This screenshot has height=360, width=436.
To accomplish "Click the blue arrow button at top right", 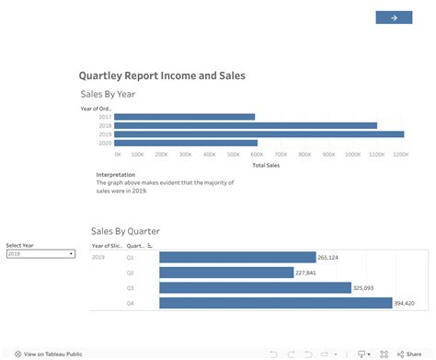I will coord(394,17).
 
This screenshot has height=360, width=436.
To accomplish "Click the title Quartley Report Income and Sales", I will coord(162,75).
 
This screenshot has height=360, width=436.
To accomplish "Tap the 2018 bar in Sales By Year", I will coord(246,125).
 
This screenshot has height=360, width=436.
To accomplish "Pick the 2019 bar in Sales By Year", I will coord(258,134).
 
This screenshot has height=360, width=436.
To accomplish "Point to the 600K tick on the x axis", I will coord(256,154).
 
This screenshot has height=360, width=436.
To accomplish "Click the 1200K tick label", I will coord(401,154).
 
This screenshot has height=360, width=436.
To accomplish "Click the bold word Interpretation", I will coord(116,174).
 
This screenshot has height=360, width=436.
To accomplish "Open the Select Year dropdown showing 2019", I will coord(40,253).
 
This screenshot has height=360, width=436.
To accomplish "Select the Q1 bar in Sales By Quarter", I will coord(237,258).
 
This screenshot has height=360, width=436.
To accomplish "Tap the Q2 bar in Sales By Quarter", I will coord(226,273).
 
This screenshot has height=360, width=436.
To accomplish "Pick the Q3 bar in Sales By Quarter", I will coord(255,287).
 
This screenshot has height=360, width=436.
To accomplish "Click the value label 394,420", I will coord(404,303).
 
